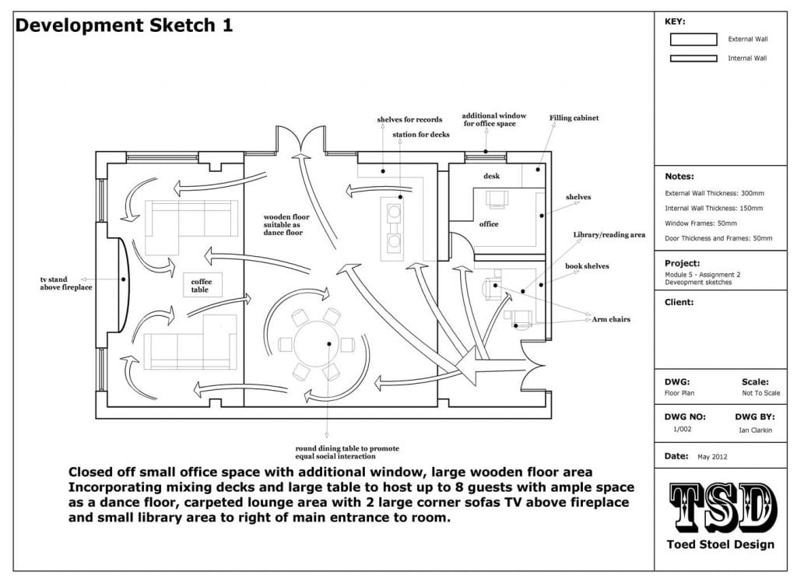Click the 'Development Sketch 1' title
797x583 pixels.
[124, 26]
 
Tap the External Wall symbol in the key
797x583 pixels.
[693, 39]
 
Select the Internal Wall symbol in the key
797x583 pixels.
[693, 58]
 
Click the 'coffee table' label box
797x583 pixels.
[202, 285]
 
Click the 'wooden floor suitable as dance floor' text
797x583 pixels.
[286, 225]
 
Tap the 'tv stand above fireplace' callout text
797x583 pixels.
[66, 283]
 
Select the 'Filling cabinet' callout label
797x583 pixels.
[574, 118]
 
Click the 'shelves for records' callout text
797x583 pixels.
[409, 119]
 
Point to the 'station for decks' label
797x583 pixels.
[421, 135]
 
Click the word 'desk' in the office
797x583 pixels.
[492, 176]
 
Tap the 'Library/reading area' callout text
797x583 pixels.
[609, 235]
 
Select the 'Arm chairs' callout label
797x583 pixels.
[611, 319]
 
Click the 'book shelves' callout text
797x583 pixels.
[587, 266]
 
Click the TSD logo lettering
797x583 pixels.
[722, 507]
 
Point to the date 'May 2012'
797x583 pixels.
[712, 457]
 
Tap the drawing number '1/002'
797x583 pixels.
[682, 430]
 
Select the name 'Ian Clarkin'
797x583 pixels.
[755, 430]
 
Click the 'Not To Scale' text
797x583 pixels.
[761, 393]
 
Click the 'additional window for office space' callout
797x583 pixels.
[494, 119]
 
